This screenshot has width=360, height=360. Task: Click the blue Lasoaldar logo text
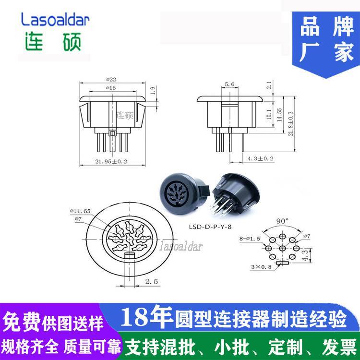pos(55,19)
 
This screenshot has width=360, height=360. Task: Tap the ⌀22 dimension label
pos(111,79)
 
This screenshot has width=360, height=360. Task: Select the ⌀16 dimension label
pos(111,88)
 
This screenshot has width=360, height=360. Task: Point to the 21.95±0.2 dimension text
pos(111,161)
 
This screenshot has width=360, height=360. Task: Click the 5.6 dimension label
pos(229,84)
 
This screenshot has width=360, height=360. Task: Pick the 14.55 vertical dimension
pos(279,115)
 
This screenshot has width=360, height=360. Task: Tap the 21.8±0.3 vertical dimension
pos(290,124)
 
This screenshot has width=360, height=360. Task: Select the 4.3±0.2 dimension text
pos(261,158)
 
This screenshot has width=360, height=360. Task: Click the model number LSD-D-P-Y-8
pos(210,227)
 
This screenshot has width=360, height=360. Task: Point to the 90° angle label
pos(282,221)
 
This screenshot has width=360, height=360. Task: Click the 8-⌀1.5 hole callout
pos(250,239)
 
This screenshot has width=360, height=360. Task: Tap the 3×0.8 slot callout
pos(261,267)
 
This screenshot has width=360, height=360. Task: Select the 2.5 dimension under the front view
pos(152,281)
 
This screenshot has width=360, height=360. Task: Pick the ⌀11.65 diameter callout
pos(80,211)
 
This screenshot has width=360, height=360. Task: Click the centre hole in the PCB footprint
pos(282,248)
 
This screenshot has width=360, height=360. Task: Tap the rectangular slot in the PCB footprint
pos(283,263)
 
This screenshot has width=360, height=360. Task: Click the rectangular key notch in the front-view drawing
pos(130,255)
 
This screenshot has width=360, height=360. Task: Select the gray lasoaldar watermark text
pos(181,246)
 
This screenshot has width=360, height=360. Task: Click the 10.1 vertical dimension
pos(269,114)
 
